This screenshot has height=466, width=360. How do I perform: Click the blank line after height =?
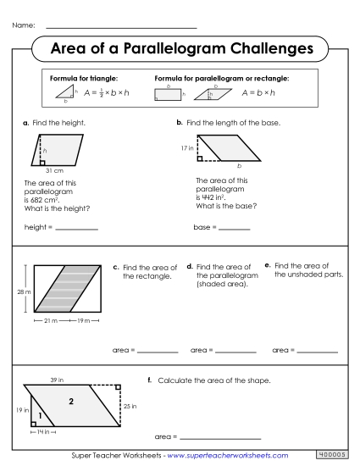click(x=76, y=229)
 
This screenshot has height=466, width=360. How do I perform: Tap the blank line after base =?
click(x=234, y=229)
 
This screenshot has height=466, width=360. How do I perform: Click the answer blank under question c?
click(x=157, y=351)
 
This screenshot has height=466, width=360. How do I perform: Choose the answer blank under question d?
click(x=235, y=351)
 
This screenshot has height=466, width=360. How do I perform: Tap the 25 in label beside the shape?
click(x=129, y=406)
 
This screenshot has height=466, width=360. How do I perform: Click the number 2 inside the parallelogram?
click(x=71, y=400)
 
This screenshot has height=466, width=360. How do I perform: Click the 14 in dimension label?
click(x=41, y=432)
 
